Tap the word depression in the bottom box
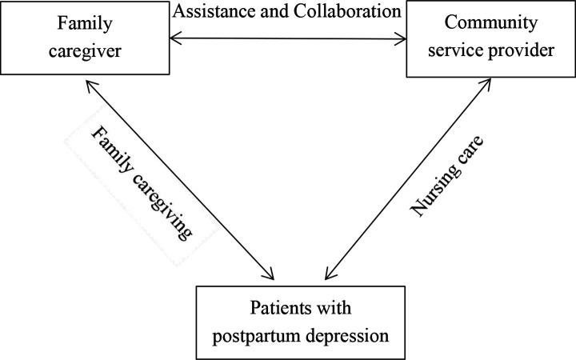[345, 333]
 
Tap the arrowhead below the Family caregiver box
[91, 83]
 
